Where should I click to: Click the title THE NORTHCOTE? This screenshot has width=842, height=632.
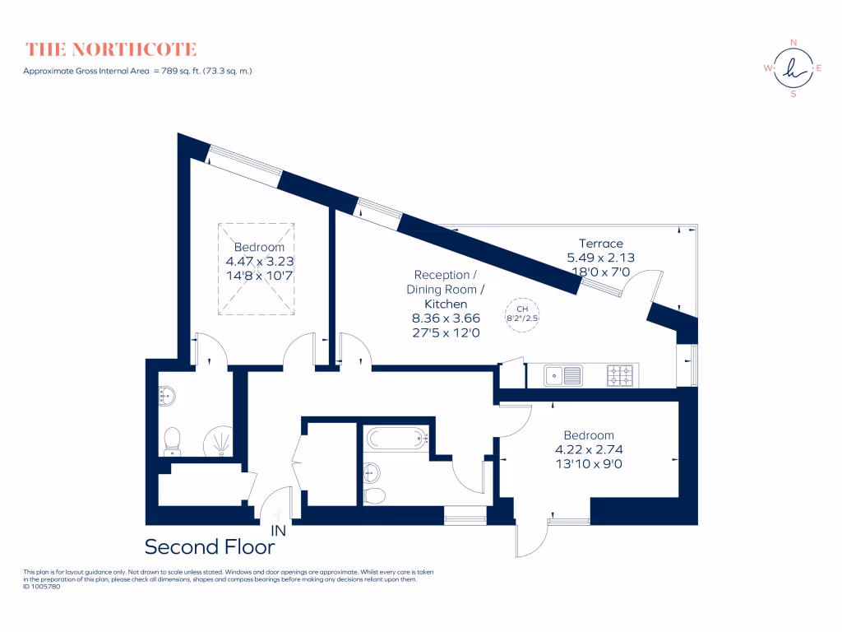point(111,49)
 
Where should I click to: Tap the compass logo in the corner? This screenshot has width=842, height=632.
point(793,68)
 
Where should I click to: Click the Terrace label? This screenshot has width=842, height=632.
point(600,244)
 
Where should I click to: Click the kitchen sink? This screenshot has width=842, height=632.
point(564,376)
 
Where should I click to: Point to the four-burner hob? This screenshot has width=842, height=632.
point(621,376)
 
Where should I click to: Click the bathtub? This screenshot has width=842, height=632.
point(398,438)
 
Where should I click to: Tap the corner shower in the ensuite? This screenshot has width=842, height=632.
point(219,441)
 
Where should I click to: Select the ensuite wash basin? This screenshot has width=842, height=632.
point(166,397)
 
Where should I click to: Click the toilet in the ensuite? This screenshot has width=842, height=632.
point(173,440)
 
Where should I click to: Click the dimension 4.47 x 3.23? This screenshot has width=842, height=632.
point(259,262)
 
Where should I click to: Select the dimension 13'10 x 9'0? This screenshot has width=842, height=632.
point(589,463)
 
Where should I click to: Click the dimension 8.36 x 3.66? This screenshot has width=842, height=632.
point(446,318)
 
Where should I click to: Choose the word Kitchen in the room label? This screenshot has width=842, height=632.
point(445,304)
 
